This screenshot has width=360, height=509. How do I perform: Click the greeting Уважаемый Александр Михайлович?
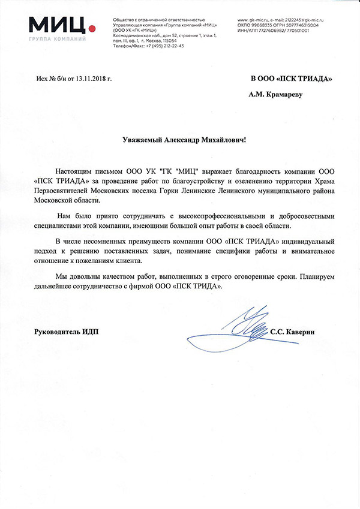pyautogui.click(x=180, y=139)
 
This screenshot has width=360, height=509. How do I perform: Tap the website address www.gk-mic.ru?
pyautogui.click(x=253, y=20)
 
